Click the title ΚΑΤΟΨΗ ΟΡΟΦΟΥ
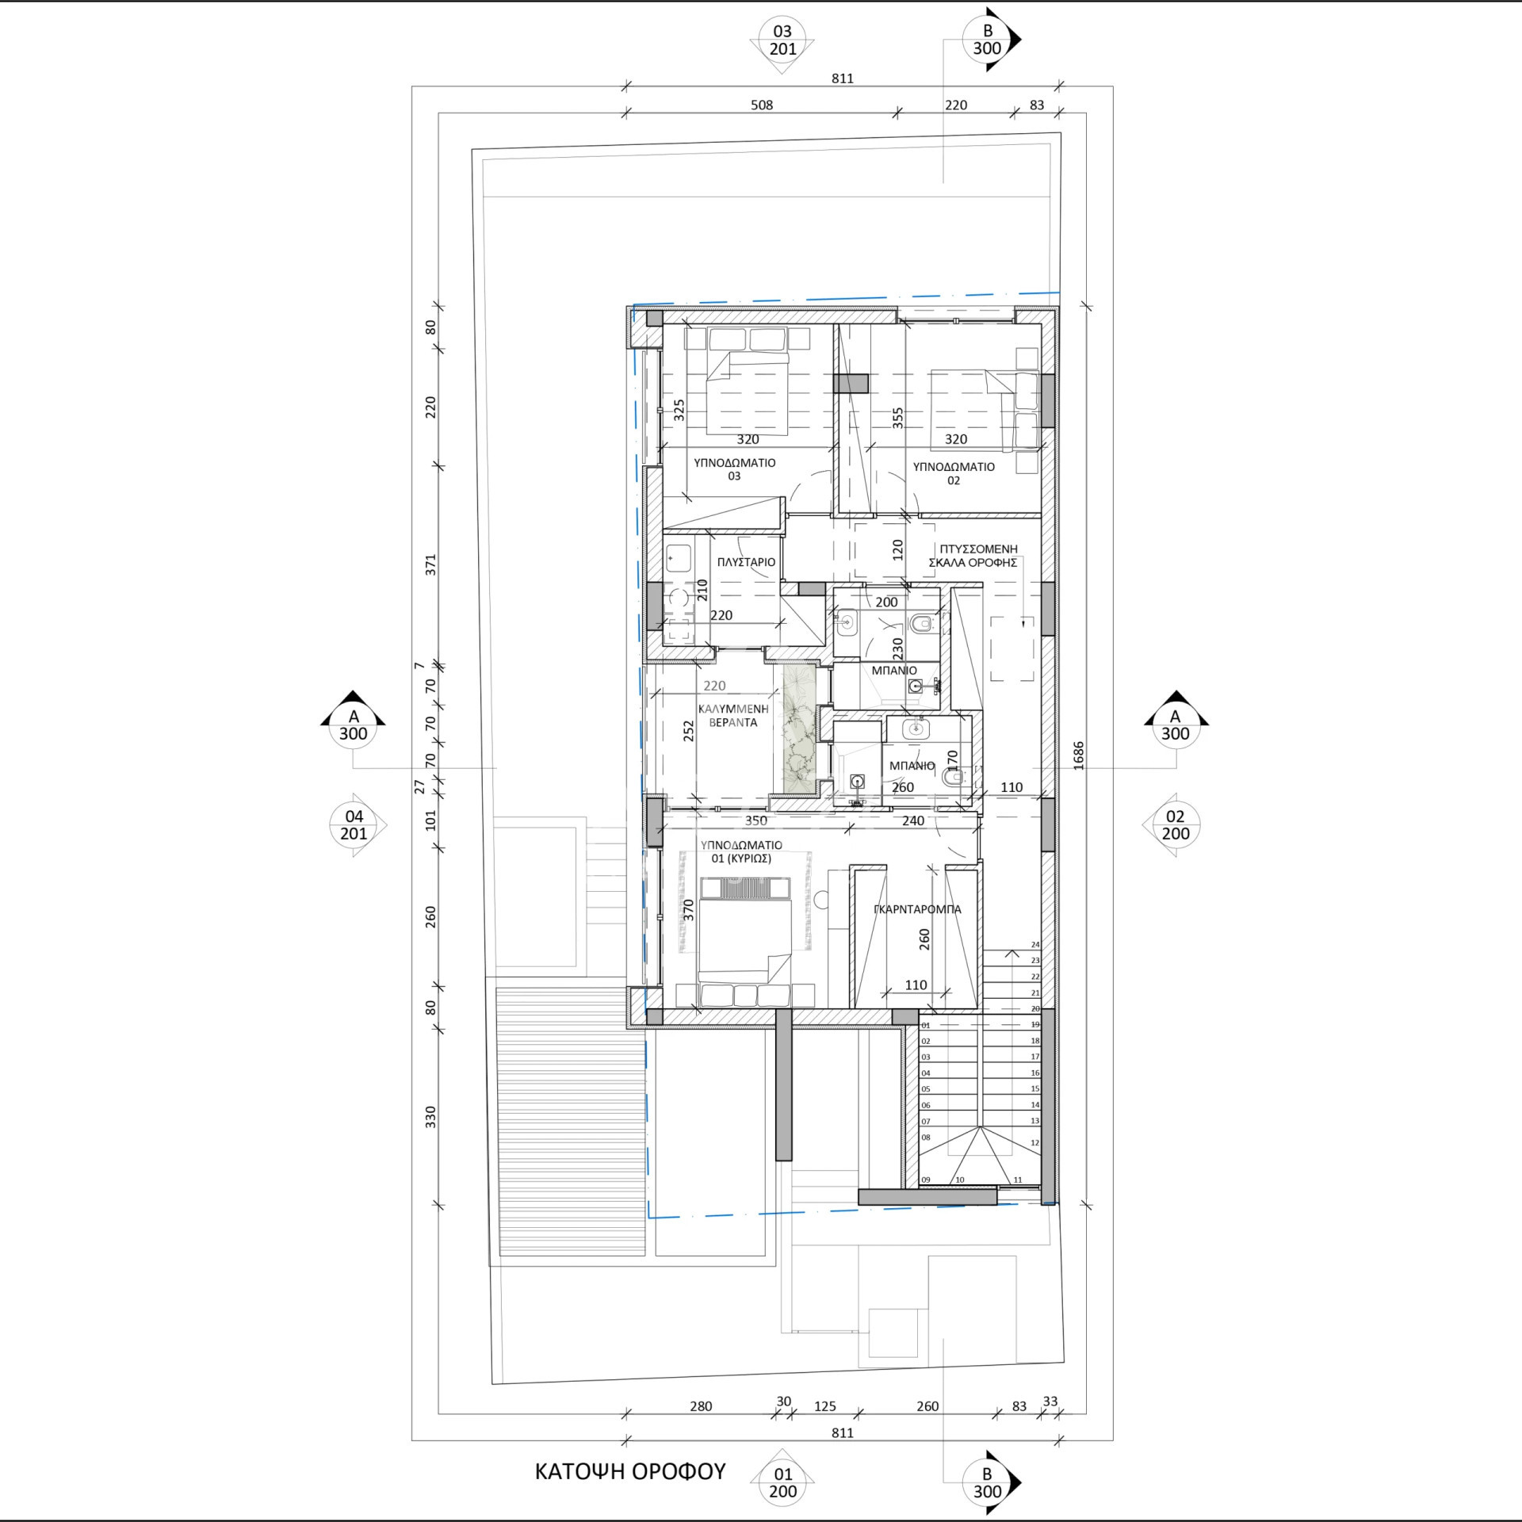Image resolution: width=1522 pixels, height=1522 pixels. click(x=630, y=1471)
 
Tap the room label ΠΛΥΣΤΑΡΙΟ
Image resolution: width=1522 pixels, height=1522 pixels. click(x=746, y=562)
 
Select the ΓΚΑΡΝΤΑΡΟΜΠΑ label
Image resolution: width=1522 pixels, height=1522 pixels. click(x=917, y=909)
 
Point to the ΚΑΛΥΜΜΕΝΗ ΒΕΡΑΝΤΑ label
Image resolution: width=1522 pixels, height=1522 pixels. click(x=733, y=715)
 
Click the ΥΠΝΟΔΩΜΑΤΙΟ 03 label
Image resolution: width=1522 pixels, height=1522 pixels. click(x=734, y=468)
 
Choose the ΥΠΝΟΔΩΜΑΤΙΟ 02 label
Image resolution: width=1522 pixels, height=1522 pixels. click(x=953, y=473)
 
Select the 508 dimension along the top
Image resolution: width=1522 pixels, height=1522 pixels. click(x=761, y=105)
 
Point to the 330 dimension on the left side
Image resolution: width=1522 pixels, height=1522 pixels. click(x=430, y=1117)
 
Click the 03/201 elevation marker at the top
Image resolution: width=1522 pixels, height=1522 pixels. click(x=782, y=40)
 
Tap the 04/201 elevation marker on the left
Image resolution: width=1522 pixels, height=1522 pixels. click(x=354, y=824)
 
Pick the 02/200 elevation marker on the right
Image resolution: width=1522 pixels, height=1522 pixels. click(x=1175, y=824)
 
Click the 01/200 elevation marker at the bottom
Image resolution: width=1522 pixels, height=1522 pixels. click(x=782, y=1482)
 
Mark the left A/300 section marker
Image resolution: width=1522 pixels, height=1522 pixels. click(x=354, y=718)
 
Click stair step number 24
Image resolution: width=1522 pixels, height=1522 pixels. click(x=1035, y=944)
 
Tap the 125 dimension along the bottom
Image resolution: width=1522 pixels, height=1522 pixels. click(x=825, y=1428)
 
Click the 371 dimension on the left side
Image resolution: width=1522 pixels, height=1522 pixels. click(x=430, y=565)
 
